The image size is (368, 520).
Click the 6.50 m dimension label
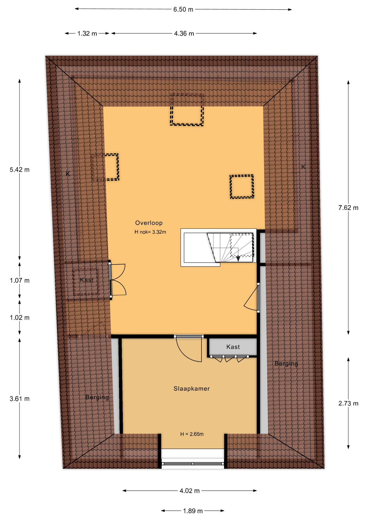[x=183, y=9]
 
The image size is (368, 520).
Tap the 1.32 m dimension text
[x=87, y=34]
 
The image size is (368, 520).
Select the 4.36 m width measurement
[x=184, y=34]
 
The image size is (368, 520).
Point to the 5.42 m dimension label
[x=20, y=170]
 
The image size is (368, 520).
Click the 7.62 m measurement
[x=348, y=208]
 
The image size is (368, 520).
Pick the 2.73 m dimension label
[x=348, y=404]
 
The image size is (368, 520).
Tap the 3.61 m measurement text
[x=20, y=399]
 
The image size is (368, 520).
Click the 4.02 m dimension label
[x=189, y=491]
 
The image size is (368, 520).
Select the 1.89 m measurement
[x=193, y=511]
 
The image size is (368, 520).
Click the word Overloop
[x=149, y=223]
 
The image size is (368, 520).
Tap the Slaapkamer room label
[x=192, y=389]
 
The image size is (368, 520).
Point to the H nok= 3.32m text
[x=150, y=232]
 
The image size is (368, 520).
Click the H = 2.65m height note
[x=192, y=434]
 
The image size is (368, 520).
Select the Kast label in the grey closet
[x=233, y=347]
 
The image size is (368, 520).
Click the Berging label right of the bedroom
[x=286, y=363]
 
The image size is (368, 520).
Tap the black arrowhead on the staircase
[x=238, y=259]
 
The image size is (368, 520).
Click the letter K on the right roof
[x=303, y=167]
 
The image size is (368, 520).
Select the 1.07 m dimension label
[x=20, y=280]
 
